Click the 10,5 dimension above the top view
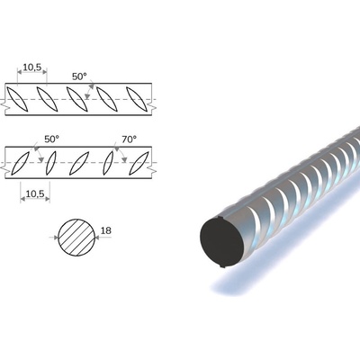coord(32,67)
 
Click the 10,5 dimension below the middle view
coord(35,194)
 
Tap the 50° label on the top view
coord(79,76)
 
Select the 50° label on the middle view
coord(51,139)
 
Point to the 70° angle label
coord(129,139)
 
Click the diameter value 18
coord(105,230)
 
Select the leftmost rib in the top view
coord(17,99)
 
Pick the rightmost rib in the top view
coord(137,99)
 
